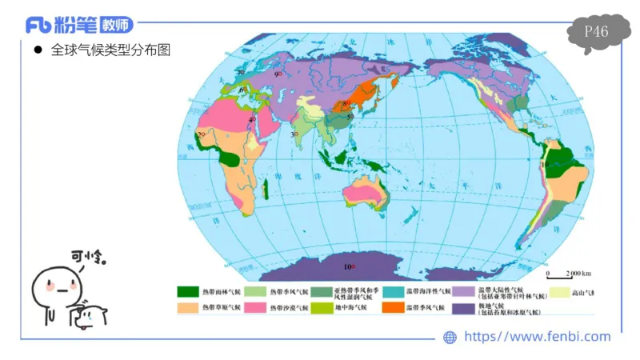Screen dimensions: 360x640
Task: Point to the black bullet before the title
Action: click(x=37, y=50)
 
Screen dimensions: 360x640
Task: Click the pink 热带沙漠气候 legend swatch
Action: click(x=255, y=306)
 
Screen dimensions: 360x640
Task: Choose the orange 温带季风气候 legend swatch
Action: click(x=392, y=306)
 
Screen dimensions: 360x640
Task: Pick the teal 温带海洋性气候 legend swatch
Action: click(x=392, y=291)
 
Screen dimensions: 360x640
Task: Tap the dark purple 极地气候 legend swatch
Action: click(x=462, y=306)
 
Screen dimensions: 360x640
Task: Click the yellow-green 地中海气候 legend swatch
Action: click(x=322, y=306)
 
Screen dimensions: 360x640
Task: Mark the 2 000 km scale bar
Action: click(x=564, y=274)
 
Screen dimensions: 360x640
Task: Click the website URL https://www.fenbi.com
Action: click(x=537, y=337)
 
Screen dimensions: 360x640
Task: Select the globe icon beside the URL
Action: click(x=450, y=338)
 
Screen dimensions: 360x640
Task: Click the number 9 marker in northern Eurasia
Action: click(x=277, y=74)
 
